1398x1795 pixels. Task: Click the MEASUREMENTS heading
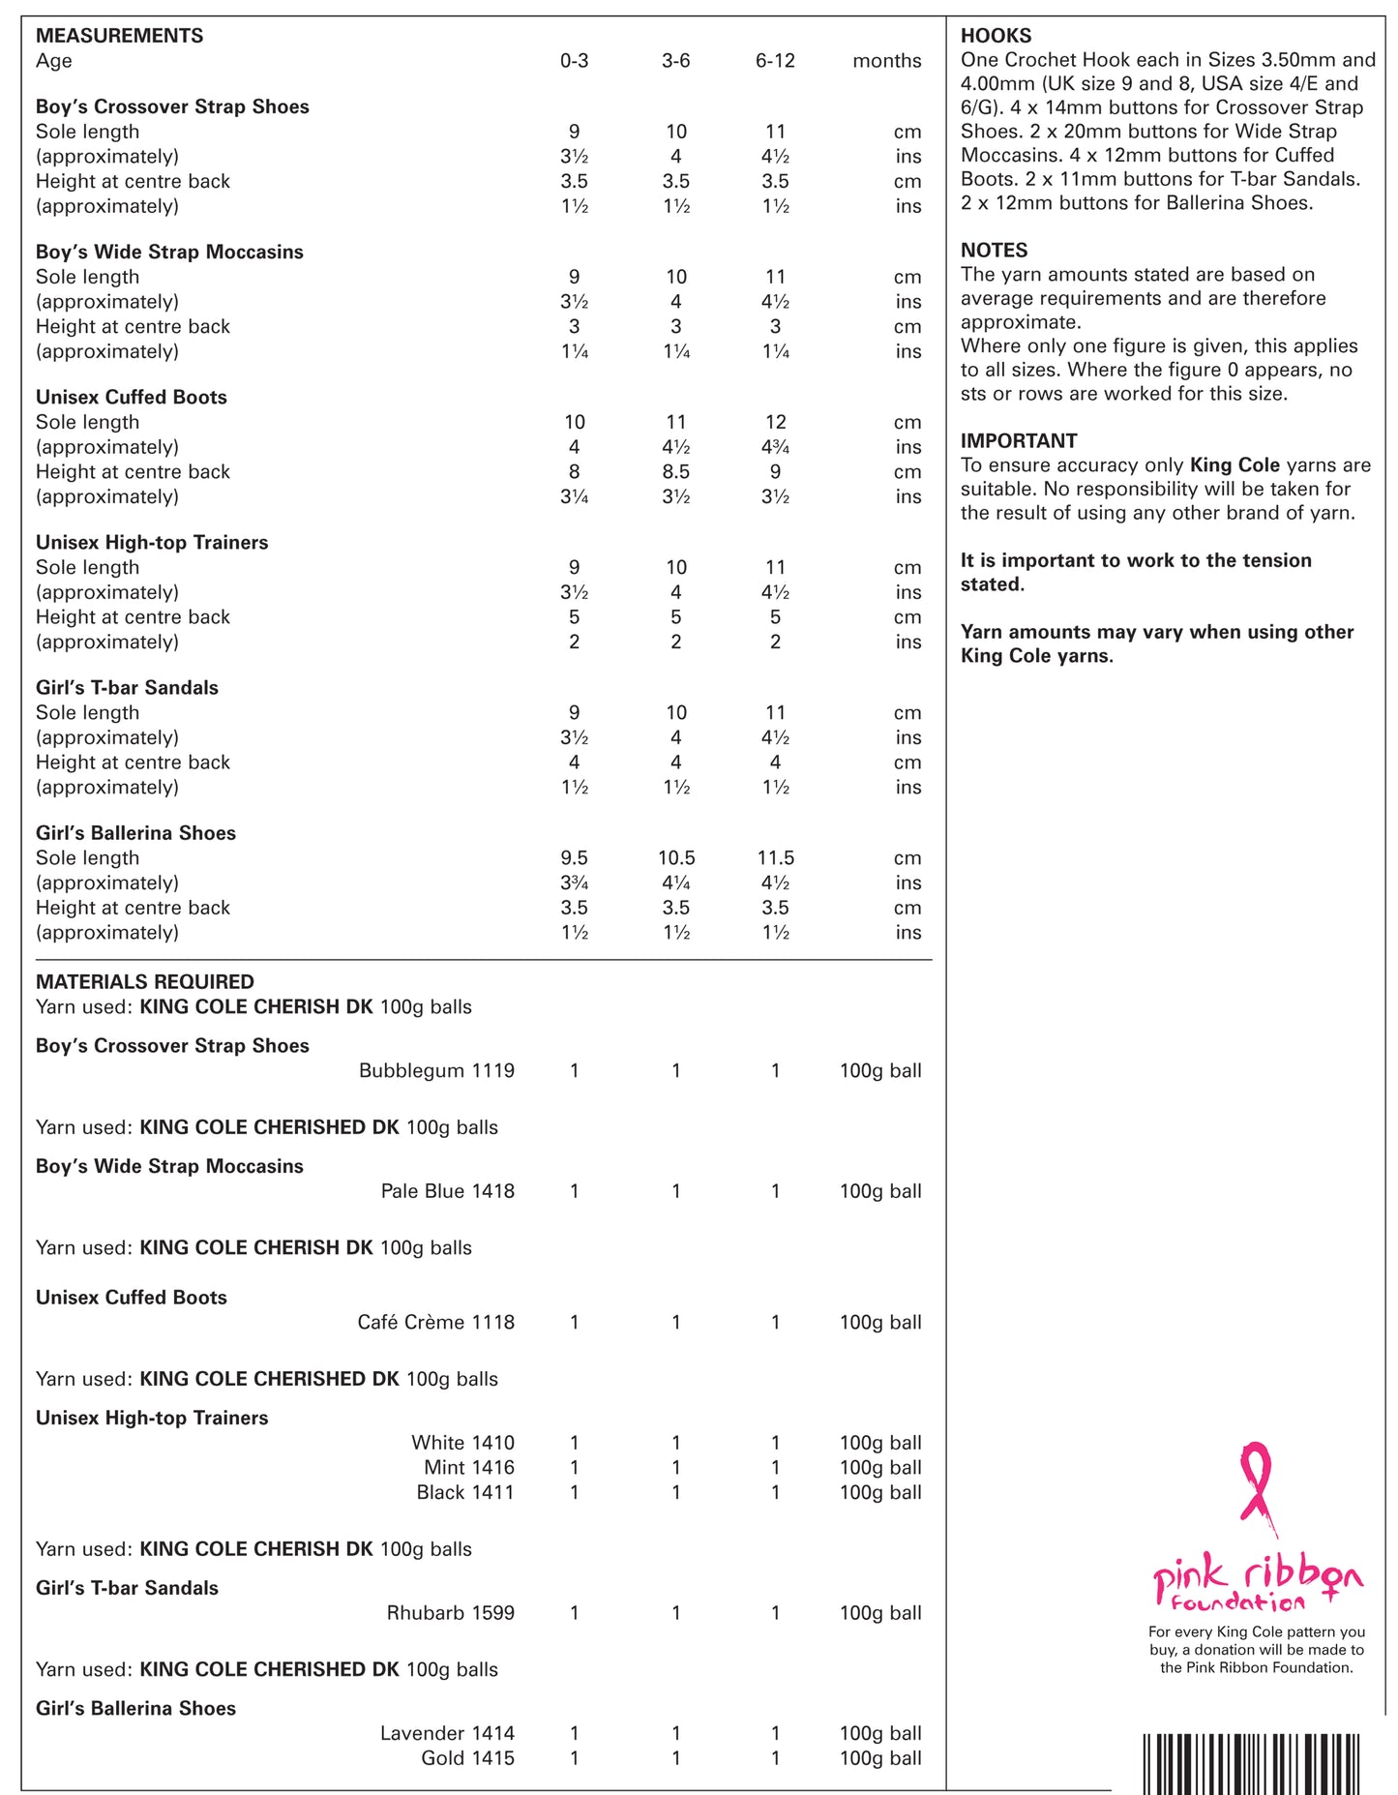pyautogui.click(x=119, y=36)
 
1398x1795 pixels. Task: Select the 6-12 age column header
pyautogui.click(x=775, y=61)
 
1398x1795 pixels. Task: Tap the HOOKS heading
pyautogui.click(x=996, y=36)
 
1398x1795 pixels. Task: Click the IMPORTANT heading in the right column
pyautogui.click(x=1019, y=440)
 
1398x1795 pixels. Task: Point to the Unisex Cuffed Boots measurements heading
pyautogui.click(x=132, y=397)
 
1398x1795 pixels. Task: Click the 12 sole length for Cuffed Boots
pyautogui.click(x=775, y=422)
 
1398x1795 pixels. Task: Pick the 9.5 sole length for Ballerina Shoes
pyautogui.click(x=574, y=858)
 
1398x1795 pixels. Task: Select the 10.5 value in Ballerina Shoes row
pyautogui.click(x=675, y=858)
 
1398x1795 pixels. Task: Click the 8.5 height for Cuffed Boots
pyautogui.click(x=675, y=472)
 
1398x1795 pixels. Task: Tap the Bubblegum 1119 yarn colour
pyautogui.click(x=436, y=1070)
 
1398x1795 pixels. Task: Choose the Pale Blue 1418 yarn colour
pyautogui.click(x=447, y=1191)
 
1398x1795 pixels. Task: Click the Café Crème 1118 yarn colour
pyautogui.click(x=435, y=1322)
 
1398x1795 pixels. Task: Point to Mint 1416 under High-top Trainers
pyautogui.click(x=469, y=1467)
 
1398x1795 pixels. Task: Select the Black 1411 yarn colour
pyautogui.click(x=465, y=1492)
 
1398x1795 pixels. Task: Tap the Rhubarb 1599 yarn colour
pyautogui.click(x=450, y=1613)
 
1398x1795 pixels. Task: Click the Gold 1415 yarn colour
pyautogui.click(x=467, y=1758)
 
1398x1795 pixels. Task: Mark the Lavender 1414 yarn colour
pyautogui.click(x=447, y=1733)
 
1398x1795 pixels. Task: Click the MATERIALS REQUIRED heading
pyautogui.click(x=145, y=981)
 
